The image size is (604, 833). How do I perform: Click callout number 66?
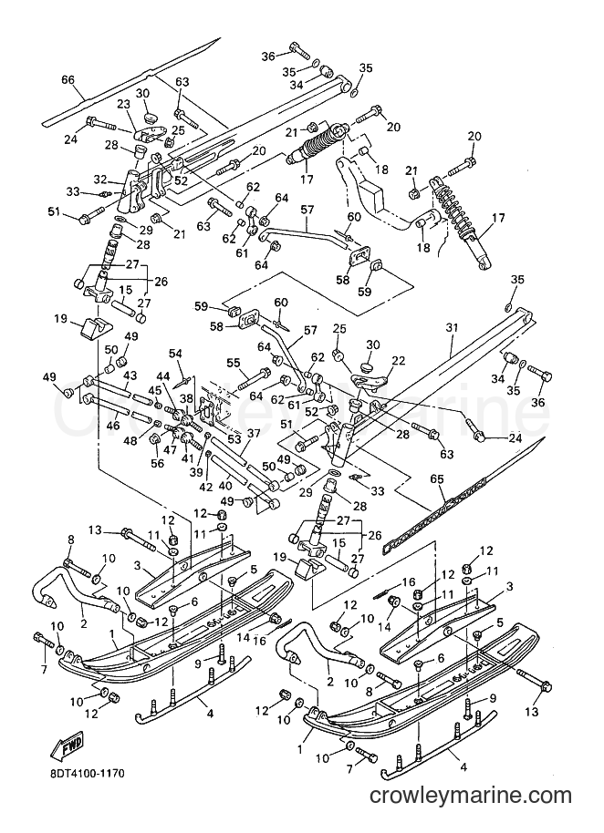tap(68, 80)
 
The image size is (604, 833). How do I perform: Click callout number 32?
tap(100, 179)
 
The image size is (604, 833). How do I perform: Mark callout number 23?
tap(123, 105)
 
